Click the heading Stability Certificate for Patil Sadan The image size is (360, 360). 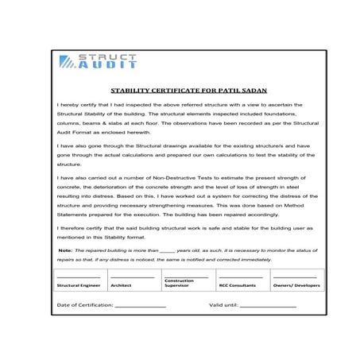coord(180,91)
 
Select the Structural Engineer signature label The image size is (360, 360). coord(78,285)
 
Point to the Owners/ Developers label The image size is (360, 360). coord(296,285)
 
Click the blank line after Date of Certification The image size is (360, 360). coord(140,306)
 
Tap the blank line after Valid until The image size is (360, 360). coord(267,306)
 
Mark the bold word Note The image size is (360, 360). coord(66,250)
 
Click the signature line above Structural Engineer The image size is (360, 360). coord(78,277)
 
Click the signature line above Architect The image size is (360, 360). coord(132,277)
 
